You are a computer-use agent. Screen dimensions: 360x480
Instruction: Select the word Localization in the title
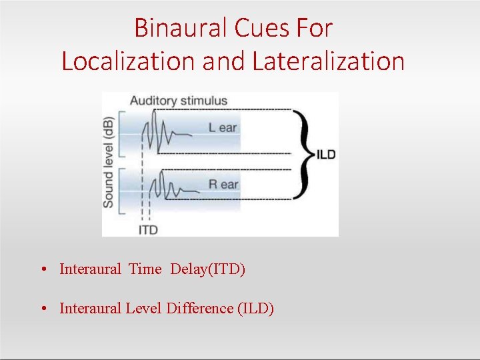click(128, 61)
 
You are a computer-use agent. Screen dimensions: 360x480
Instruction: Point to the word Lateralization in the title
click(329, 61)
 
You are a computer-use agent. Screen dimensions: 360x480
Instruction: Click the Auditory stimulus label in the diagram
click(178, 101)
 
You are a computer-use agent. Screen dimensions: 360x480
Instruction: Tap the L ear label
click(223, 127)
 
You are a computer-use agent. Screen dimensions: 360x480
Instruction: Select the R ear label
click(223, 184)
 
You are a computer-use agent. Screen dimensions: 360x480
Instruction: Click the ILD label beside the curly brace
click(326, 155)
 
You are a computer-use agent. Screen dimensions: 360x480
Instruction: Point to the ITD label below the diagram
click(148, 230)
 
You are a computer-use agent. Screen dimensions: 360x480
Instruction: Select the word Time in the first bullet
click(145, 269)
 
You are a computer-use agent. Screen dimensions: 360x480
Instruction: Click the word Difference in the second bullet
click(199, 308)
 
